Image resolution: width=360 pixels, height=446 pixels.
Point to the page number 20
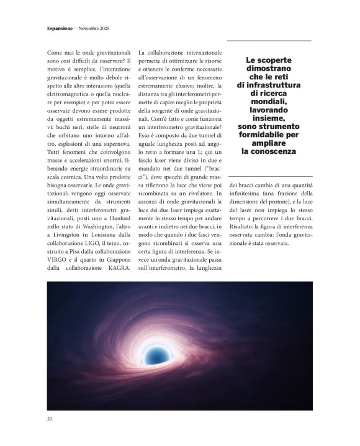coord(50,419)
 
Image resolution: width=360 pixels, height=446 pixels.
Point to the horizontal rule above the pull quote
coord(271,41)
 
